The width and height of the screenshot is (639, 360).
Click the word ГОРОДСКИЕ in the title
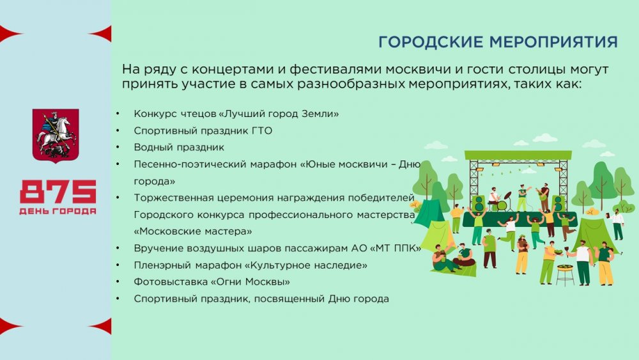431,42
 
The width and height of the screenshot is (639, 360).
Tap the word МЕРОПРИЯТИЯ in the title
553,42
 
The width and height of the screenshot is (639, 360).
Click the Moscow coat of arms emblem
56,136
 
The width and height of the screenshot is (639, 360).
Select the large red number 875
58,192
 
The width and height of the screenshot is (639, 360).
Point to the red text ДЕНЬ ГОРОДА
58,211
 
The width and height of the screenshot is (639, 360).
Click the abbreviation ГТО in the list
262,131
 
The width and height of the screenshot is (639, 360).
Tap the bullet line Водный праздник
179,147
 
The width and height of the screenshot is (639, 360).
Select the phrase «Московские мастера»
193,231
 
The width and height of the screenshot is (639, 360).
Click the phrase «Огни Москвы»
250,282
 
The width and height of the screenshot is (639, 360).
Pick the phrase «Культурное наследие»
305,265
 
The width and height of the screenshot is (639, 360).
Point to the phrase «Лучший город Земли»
279,114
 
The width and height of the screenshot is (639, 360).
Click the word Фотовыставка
171,282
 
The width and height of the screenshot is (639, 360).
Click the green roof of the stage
518,155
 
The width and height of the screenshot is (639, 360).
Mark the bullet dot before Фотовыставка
118,282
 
